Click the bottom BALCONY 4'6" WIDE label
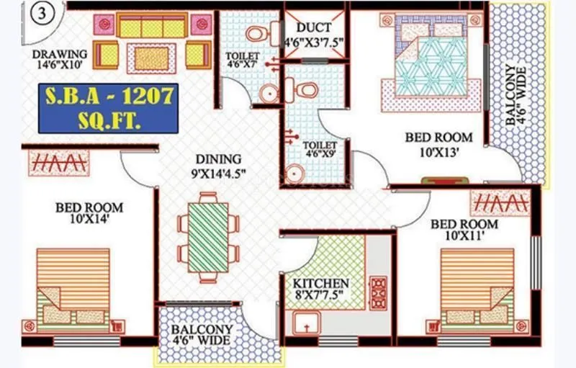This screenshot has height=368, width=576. [202, 334]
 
